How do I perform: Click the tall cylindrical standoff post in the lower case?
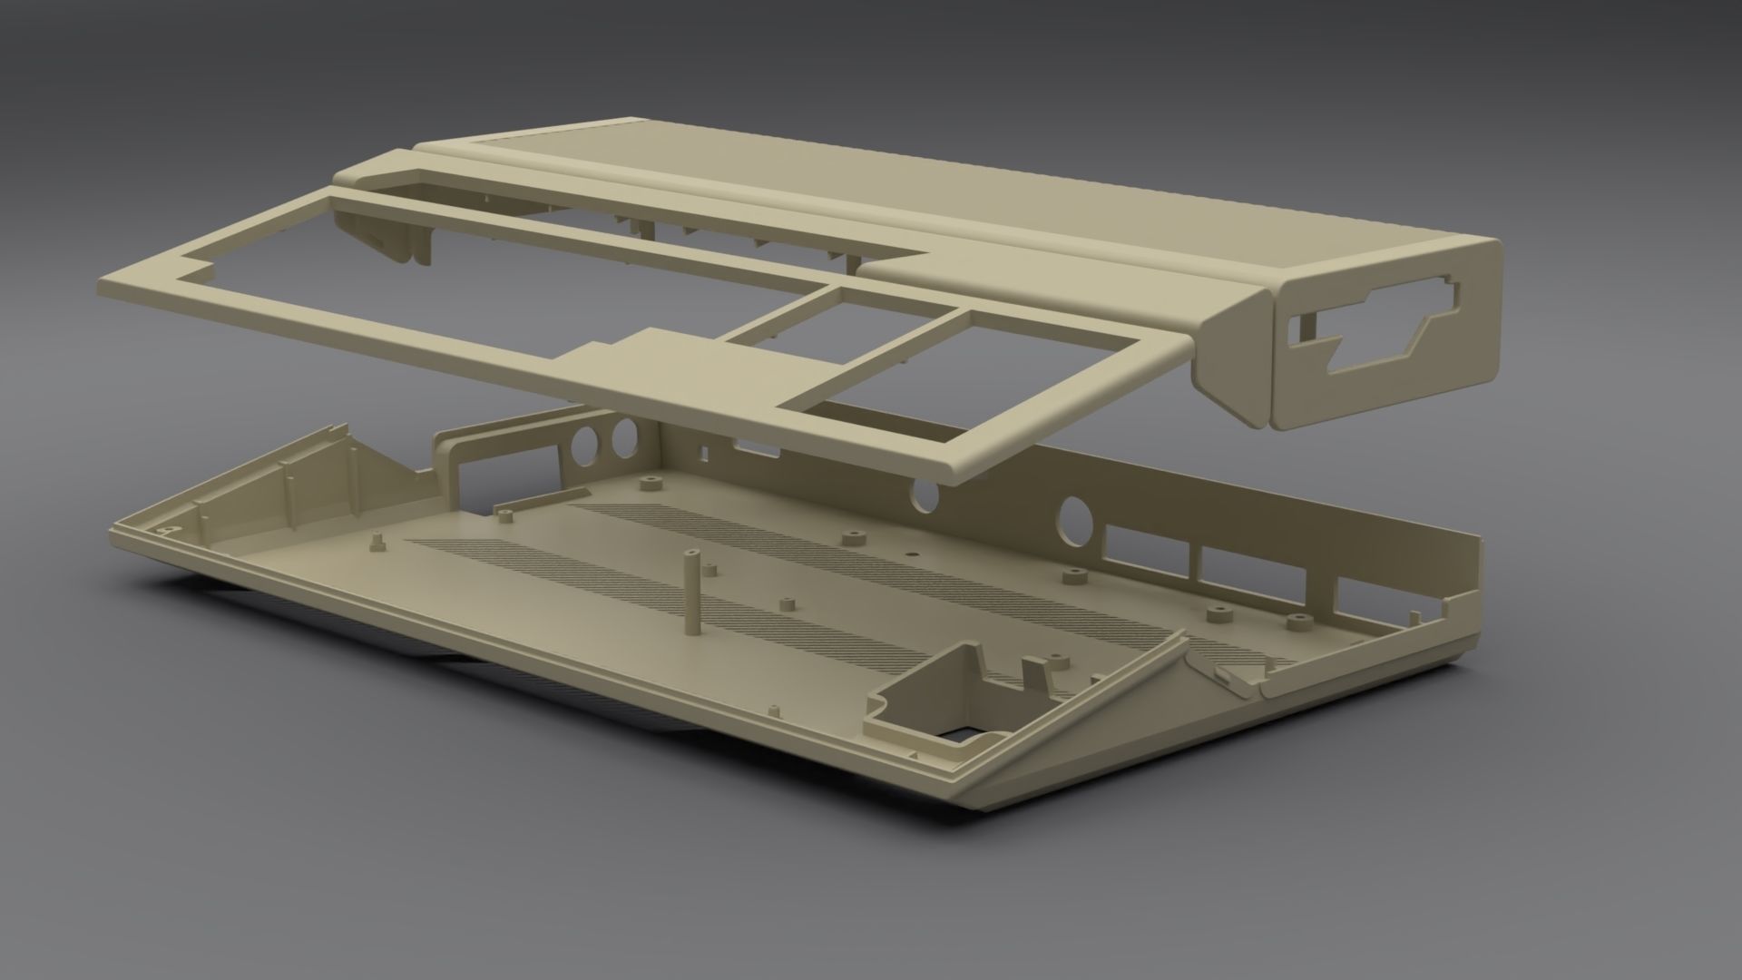[x=692, y=594]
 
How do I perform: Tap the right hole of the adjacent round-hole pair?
[x=623, y=439]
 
